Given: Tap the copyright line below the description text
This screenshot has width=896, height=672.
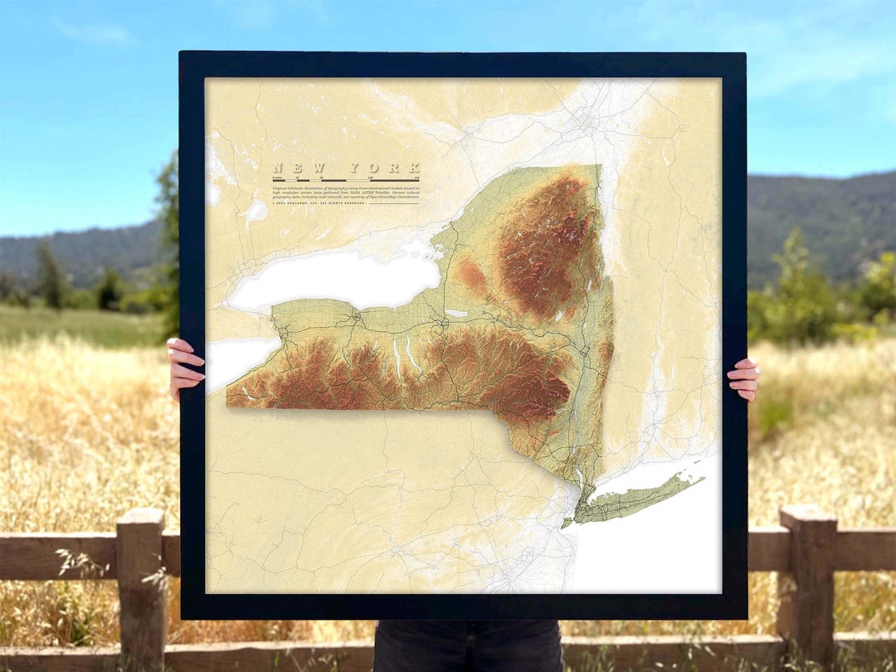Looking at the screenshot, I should coord(319,203).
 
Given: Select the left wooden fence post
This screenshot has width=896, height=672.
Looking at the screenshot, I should coord(141,581).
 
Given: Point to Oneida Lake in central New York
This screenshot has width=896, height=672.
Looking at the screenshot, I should coord(456,313).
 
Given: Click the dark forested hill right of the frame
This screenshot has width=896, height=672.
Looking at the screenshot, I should coord(821,216).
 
